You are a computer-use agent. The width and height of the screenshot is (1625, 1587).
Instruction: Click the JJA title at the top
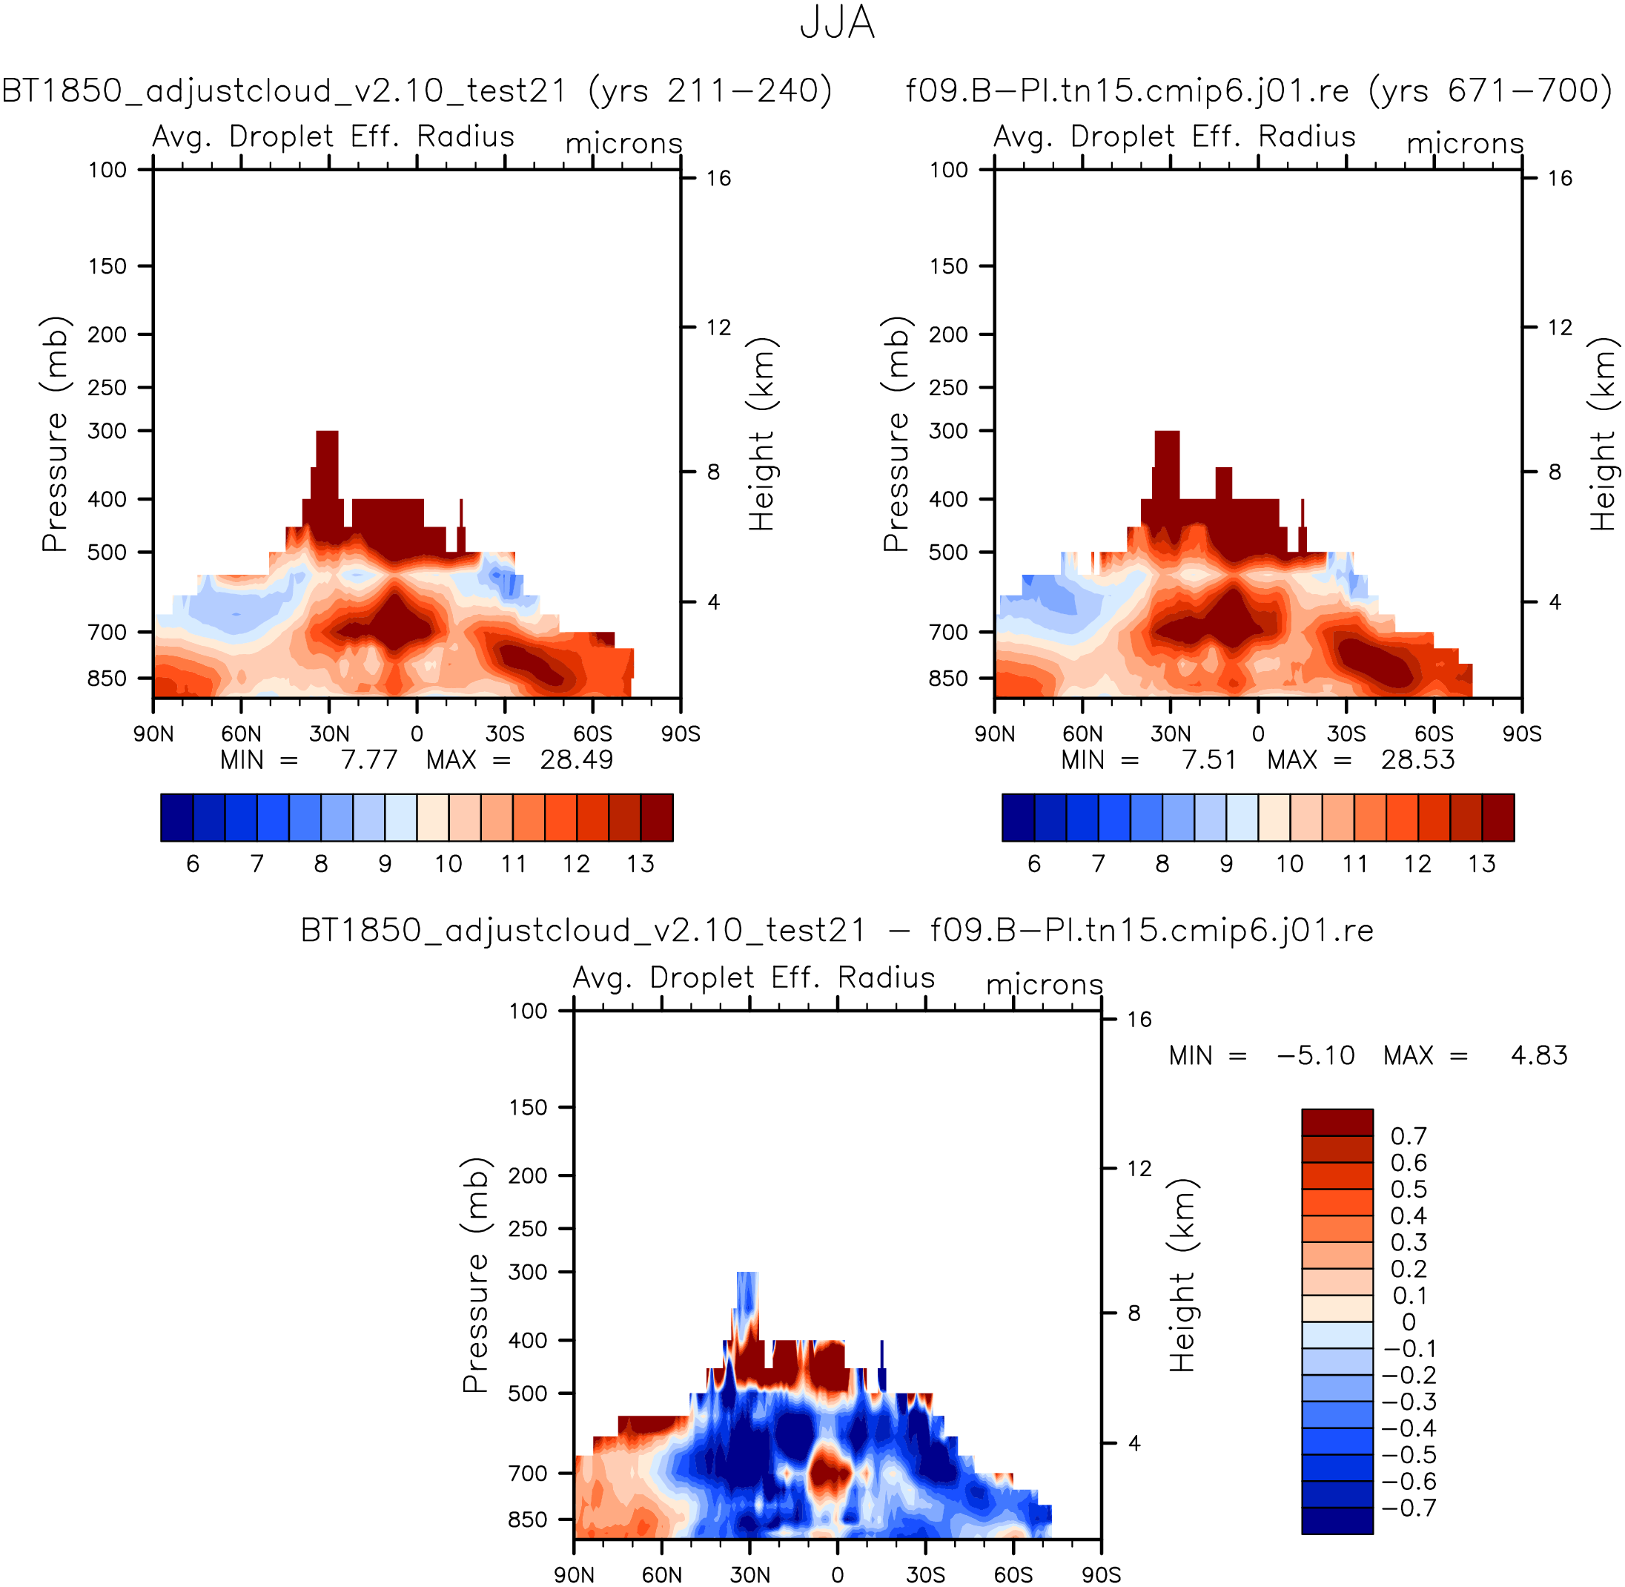837,23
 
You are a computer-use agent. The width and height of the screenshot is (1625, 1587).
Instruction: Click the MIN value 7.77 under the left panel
369,760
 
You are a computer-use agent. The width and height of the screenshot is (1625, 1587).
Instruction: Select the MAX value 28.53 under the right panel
1417,760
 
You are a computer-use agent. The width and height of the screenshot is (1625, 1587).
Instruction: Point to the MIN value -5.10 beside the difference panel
1316,1055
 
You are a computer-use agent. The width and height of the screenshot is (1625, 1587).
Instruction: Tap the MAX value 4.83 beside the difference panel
1539,1055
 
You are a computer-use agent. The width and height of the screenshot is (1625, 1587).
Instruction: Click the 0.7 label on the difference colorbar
1409,1136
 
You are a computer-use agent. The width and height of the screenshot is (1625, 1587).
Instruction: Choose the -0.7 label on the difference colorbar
1409,1508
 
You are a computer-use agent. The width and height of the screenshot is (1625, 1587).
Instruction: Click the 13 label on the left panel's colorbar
640,863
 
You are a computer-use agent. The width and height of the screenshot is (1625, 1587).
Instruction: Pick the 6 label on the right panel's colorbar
1034,863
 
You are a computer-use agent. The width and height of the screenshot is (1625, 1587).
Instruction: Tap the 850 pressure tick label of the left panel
107,679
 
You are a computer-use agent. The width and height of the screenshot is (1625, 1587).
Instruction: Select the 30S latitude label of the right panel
1347,733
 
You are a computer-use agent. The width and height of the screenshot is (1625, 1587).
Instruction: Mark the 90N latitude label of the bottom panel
575,1574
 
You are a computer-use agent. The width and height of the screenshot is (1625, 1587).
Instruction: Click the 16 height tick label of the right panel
1560,179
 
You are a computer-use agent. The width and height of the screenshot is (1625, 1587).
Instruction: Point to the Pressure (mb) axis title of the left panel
55,433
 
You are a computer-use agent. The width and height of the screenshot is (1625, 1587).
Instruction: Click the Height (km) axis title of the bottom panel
1182,1276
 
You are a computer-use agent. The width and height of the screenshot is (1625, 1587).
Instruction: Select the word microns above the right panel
1465,143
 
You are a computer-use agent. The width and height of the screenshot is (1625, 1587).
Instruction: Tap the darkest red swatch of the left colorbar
657,818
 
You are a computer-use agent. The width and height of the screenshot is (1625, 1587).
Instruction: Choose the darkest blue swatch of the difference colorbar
1337,1520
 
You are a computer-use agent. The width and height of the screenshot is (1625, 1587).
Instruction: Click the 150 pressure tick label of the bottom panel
529,1108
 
